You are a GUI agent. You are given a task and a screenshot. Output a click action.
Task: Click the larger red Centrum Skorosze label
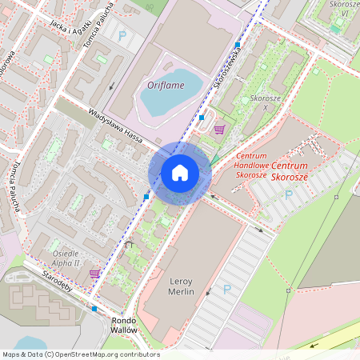pyautogui.click(x=300, y=170)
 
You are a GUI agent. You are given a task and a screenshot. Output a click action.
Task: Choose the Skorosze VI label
pyautogui.click(x=344, y=9)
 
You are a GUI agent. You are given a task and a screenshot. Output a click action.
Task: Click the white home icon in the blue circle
pyautogui.click(x=179, y=173)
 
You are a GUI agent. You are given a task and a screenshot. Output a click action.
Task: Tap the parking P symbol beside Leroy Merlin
pyautogui.click(x=226, y=289)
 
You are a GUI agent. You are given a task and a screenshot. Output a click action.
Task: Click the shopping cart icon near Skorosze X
pyautogui.click(x=218, y=128)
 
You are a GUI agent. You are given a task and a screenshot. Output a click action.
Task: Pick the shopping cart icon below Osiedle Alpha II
pyautogui.click(x=94, y=274)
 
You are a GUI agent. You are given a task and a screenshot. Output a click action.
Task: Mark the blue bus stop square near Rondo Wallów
pyautogui.click(x=94, y=308)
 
